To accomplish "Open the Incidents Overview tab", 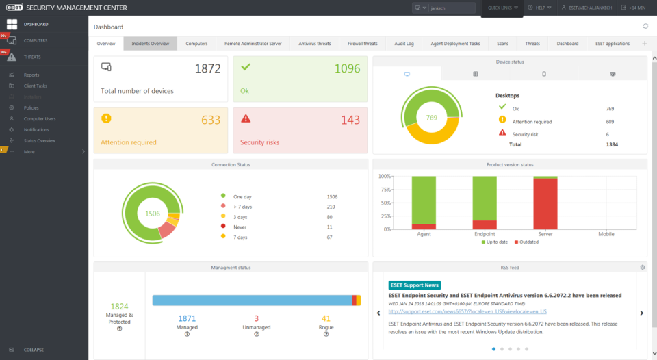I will click(x=151, y=44).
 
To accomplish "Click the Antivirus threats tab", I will click(x=314, y=44).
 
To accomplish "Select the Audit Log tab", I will click(x=404, y=44).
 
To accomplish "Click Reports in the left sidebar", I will click(x=31, y=75).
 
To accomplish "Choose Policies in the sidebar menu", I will click(x=31, y=107).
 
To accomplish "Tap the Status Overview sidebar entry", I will click(x=39, y=140).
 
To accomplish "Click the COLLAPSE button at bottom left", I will click(x=34, y=350).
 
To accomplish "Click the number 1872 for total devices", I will click(x=207, y=68).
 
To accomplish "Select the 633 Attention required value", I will click(x=211, y=120).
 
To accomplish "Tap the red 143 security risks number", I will click(x=350, y=120).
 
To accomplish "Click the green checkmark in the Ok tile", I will click(x=246, y=67).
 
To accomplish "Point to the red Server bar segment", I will click(x=545, y=203).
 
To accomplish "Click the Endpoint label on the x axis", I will click(x=485, y=234).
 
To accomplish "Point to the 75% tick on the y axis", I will click(x=384, y=190).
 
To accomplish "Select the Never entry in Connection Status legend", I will click(x=241, y=227).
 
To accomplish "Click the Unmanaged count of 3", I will click(x=257, y=318).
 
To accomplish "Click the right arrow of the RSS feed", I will click(x=641, y=313).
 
